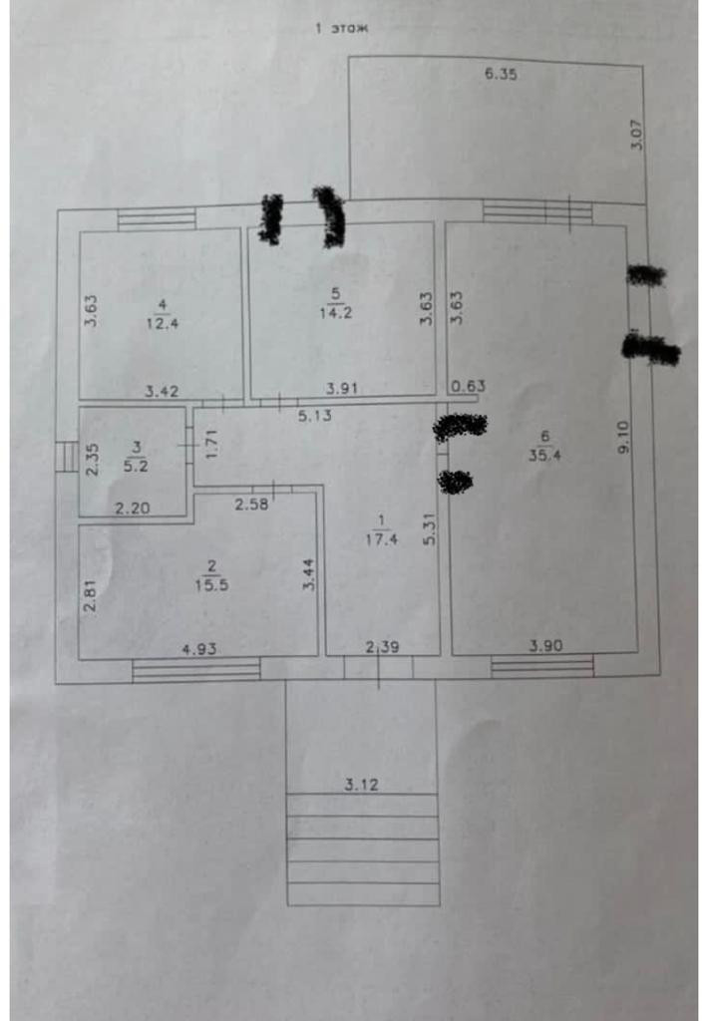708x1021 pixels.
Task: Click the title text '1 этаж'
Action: click(341, 29)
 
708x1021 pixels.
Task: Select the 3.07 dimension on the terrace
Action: click(637, 135)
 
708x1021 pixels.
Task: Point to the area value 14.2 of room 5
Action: click(335, 309)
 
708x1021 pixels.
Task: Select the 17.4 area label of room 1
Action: click(380, 539)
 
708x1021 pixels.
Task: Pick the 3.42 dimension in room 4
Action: click(161, 391)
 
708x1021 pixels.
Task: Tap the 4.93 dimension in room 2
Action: click(199, 648)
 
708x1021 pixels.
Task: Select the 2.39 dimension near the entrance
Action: click(382, 648)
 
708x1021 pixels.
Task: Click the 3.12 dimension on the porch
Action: click(362, 785)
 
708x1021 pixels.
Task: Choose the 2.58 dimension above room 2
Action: click(251, 506)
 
